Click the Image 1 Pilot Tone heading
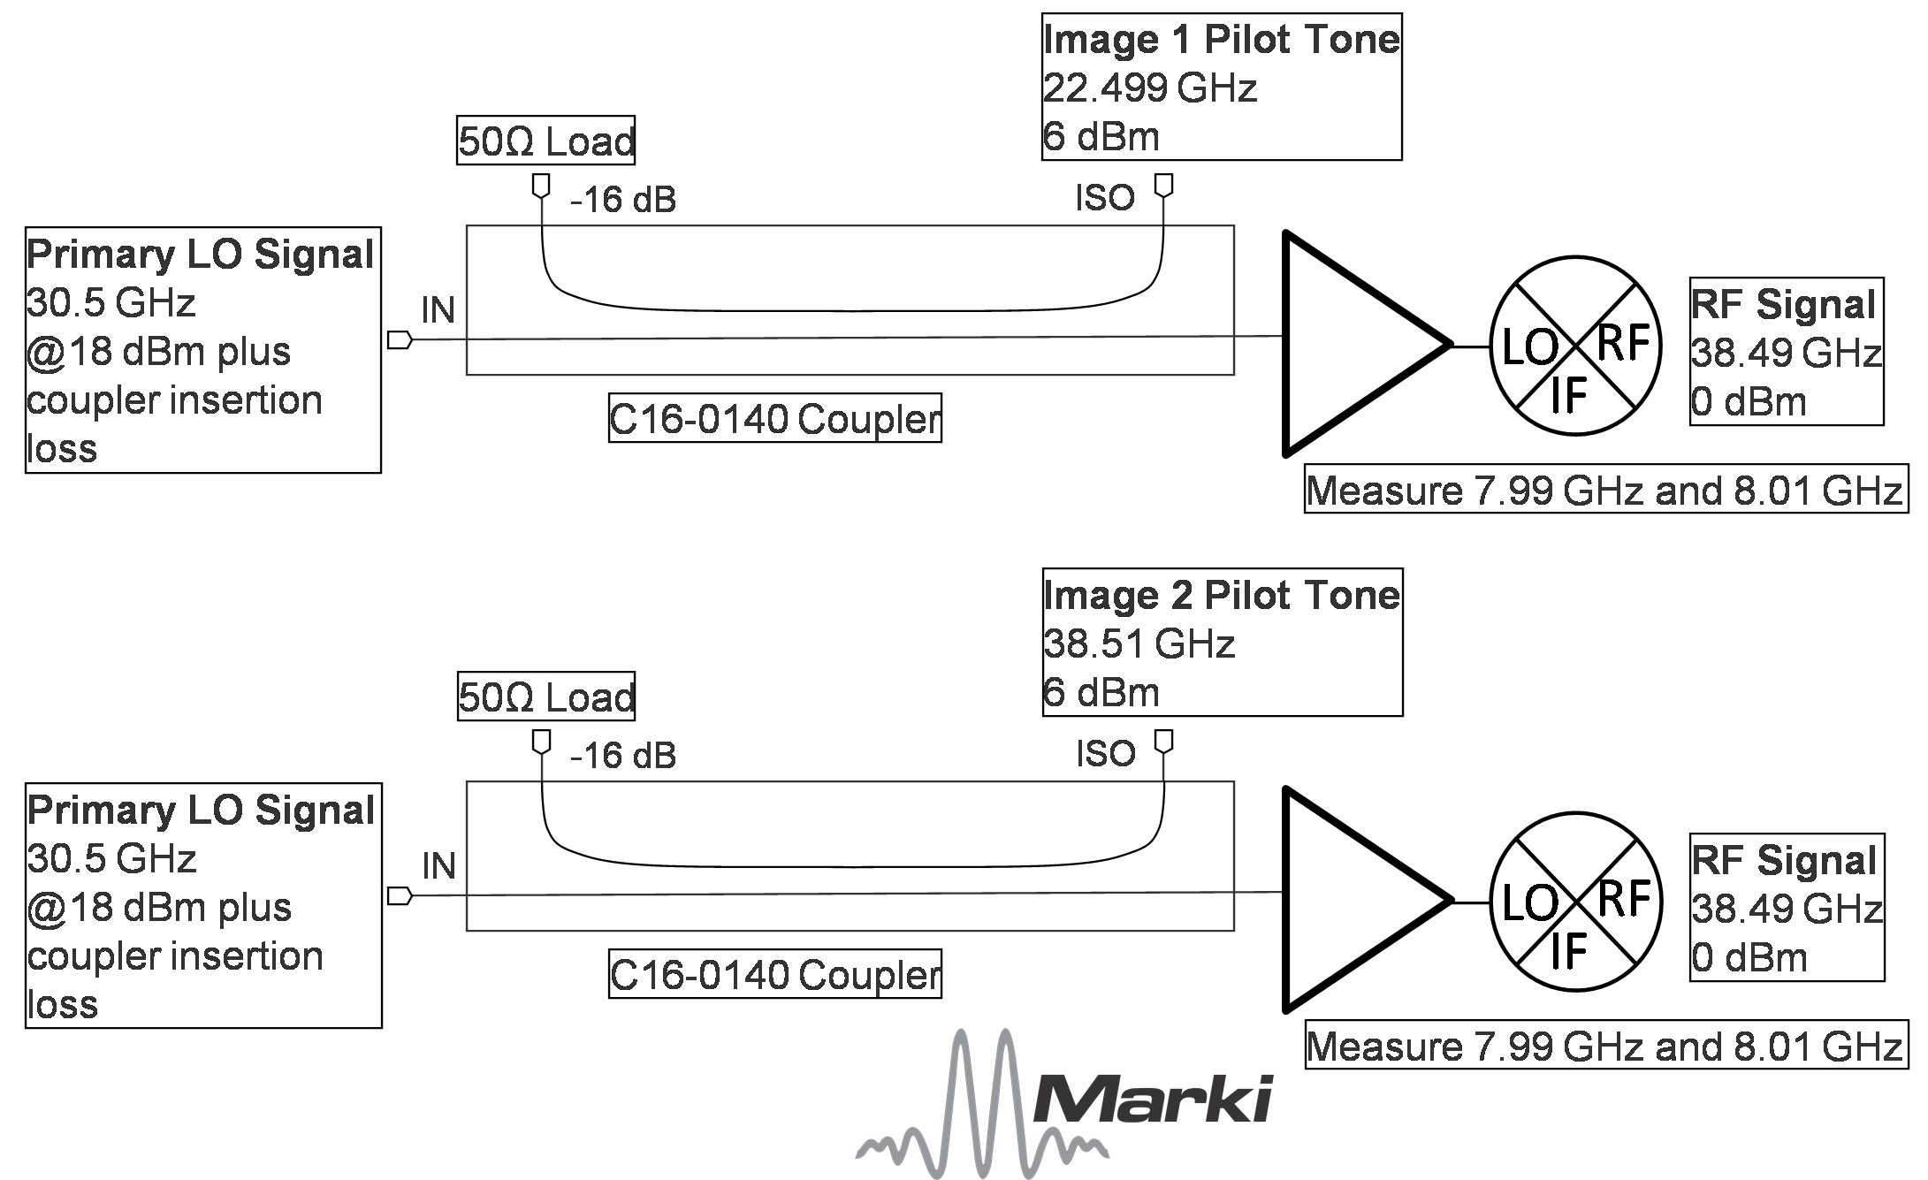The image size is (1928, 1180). pyautogui.click(x=1221, y=40)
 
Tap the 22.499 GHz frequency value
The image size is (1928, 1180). pyautogui.click(x=1149, y=88)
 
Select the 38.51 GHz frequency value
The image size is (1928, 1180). pyautogui.click(x=1138, y=644)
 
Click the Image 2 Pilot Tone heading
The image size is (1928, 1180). pyautogui.click(x=1221, y=596)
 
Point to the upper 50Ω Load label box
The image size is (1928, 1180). pyautogui.click(x=545, y=141)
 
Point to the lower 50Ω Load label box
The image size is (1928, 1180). pyautogui.click(x=545, y=697)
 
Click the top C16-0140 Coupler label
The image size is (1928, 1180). pyautogui.click(x=774, y=419)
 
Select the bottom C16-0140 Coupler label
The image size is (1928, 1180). pyautogui.click(x=774, y=974)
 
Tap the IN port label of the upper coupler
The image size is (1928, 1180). pyautogui.click(x=438, y=310)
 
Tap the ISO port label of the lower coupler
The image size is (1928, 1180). pyautogui.click(x=1105, y=754)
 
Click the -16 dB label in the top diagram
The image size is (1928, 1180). pyautogui.click(x=623, y=200)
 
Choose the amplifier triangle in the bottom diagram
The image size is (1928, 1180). pyautogui.click(x=1353, y=899)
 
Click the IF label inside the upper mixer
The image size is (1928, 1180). pyautogui.click(x=1568, y=395)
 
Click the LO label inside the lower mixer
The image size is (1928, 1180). pyautogui.click(x=1529, y=903)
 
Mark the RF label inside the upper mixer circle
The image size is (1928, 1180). pyautogui.click(x=1622, y=343)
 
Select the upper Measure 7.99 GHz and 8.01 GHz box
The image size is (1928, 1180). pyautogui.click(x=1605, y=491)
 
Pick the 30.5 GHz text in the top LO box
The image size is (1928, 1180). pyautogui.click(x=110, y=303)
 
